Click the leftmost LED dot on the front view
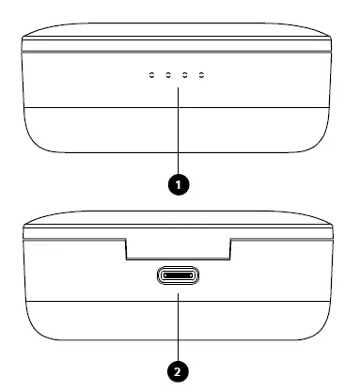[x=151, y=74]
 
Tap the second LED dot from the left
[x=168, y=74]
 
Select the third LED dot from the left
[x=185, y=74]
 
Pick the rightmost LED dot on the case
[x=202, y=74]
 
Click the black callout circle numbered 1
[x=178, y=183]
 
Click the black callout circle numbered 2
[x=178, y=370]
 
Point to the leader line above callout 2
[x=178, y=324]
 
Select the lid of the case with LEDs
[x=178, y=29]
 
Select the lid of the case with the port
[x=178, y=227]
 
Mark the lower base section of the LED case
[x=178, y=131]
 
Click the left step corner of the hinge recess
[x=125, y=258]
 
